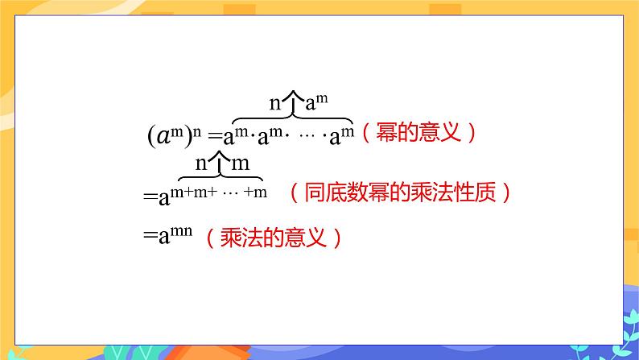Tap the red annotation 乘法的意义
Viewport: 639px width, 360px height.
[274, 238]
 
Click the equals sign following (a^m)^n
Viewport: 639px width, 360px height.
[214, 136]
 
